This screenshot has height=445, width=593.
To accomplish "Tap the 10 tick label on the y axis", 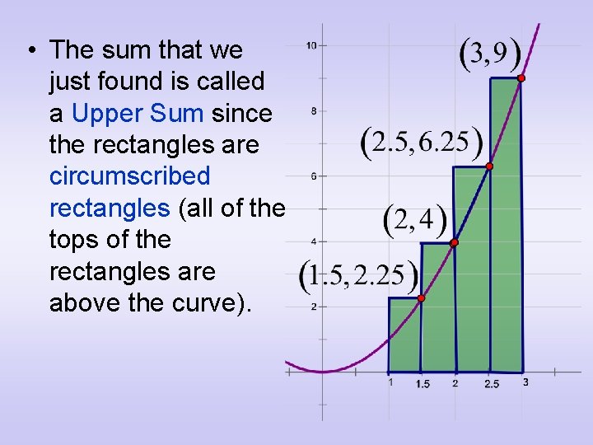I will (311, 45).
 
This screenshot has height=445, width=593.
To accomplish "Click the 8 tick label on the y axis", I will (311, 110).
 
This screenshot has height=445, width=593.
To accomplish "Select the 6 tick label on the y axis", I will (312, 176).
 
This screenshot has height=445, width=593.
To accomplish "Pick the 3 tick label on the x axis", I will (525, 382).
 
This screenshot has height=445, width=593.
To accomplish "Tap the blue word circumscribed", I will (130, 176).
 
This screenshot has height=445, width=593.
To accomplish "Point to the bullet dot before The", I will (30, 51).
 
